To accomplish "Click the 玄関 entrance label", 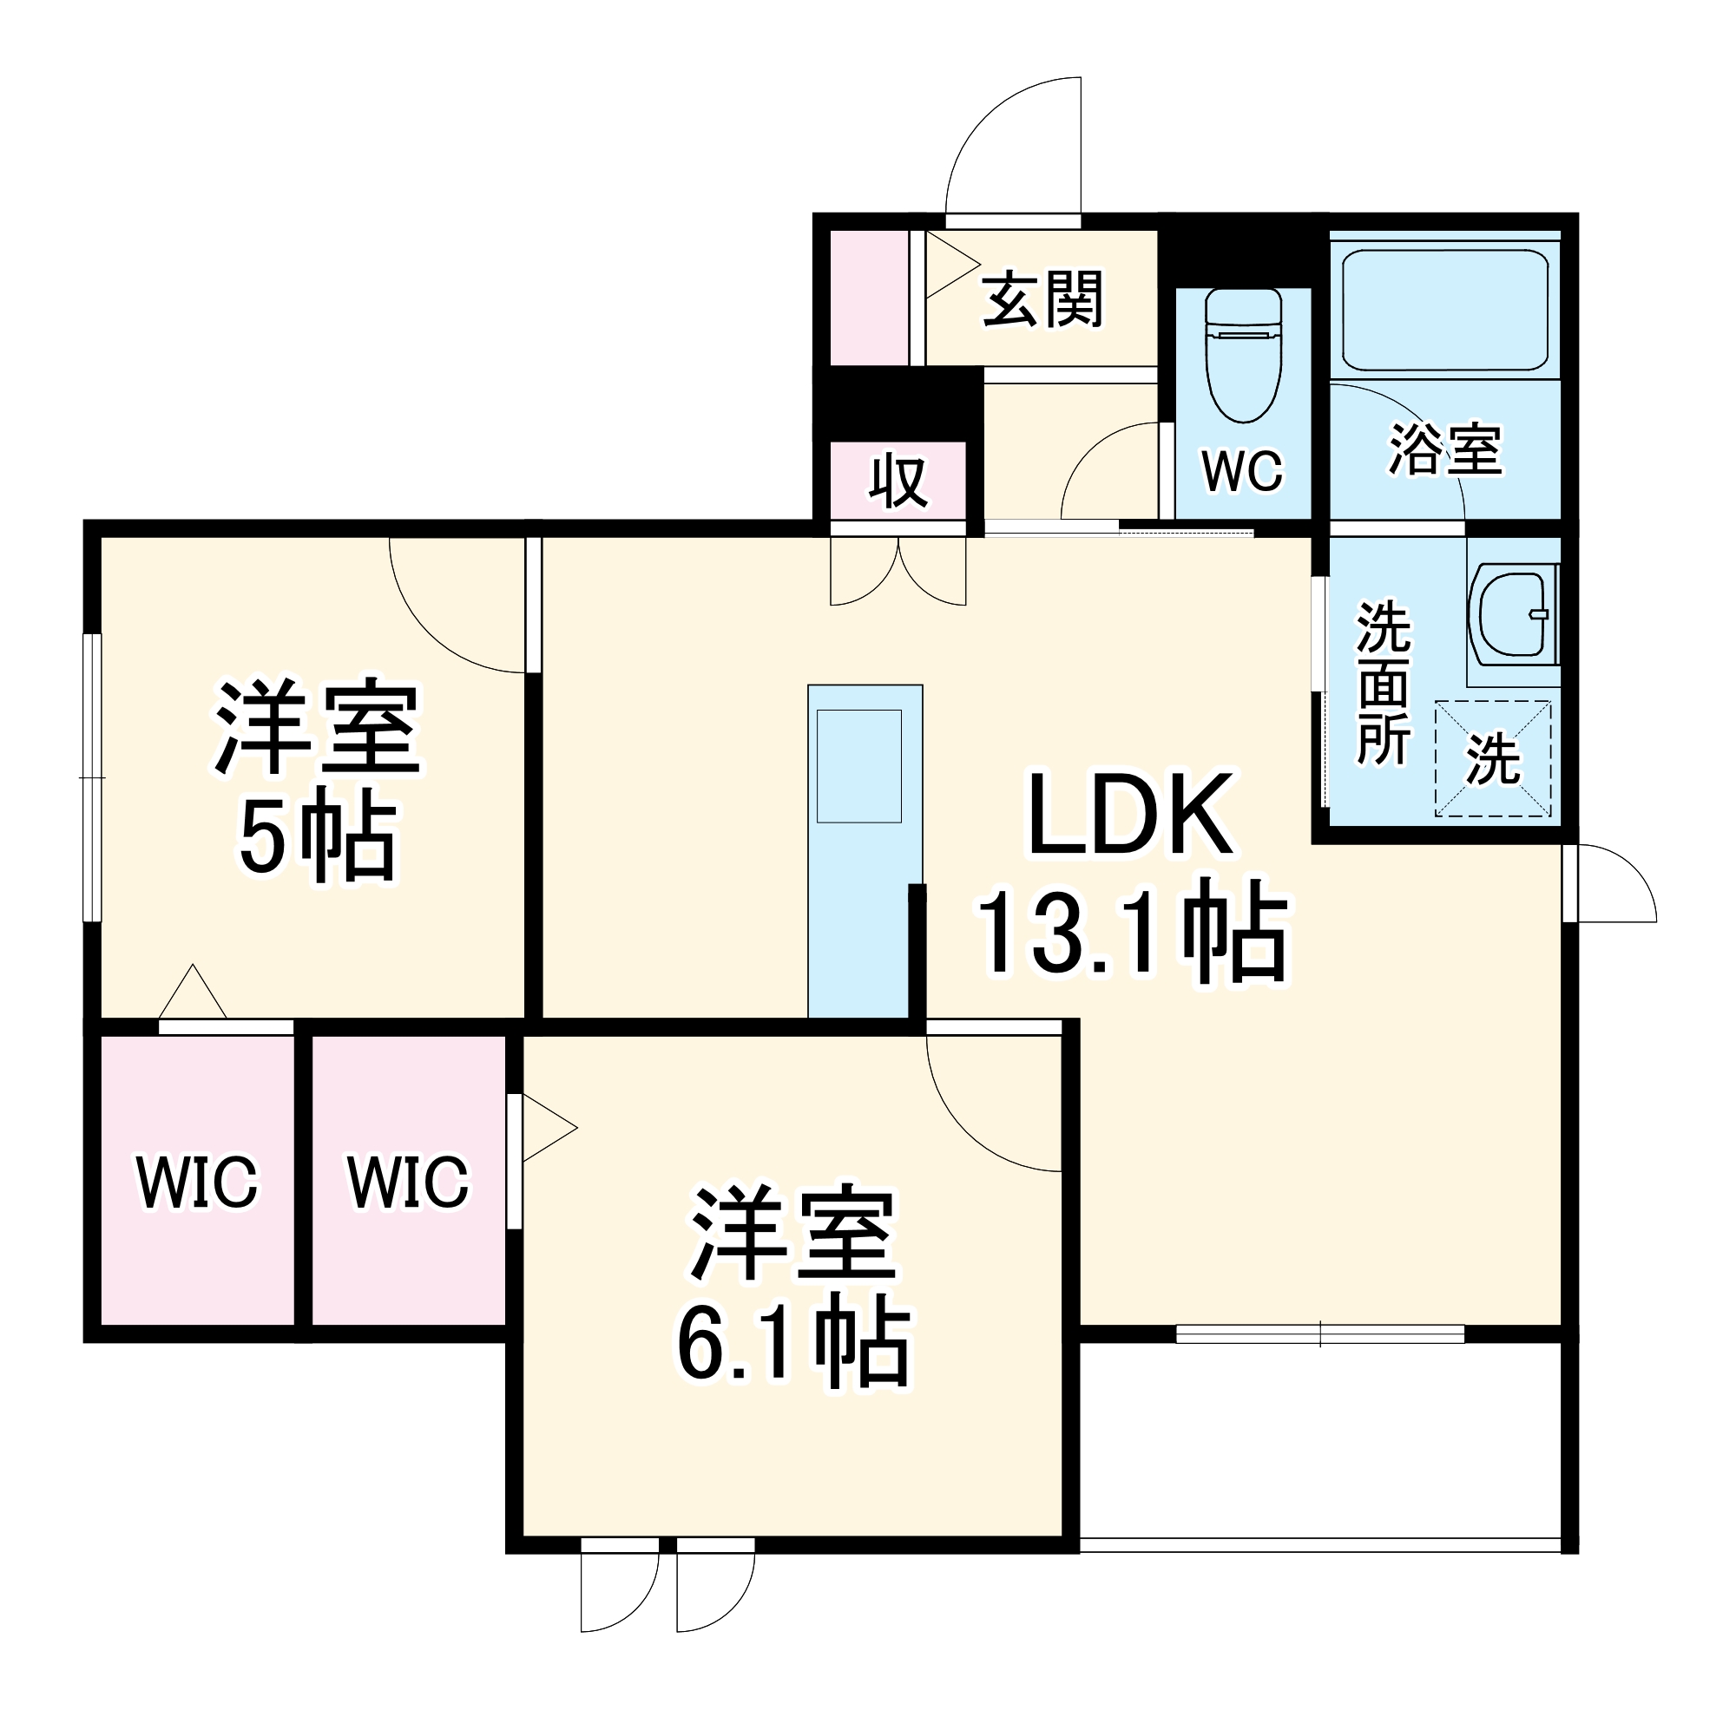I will point(1042,300).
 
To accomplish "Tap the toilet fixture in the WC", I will point(1244,356).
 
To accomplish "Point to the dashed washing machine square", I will point(1493,759).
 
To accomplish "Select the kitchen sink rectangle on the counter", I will point(859,766).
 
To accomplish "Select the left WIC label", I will point(197,1182).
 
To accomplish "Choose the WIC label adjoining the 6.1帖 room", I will point(408,1182).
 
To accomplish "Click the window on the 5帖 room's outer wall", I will point(92,777).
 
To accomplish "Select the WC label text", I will point(1244,469).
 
